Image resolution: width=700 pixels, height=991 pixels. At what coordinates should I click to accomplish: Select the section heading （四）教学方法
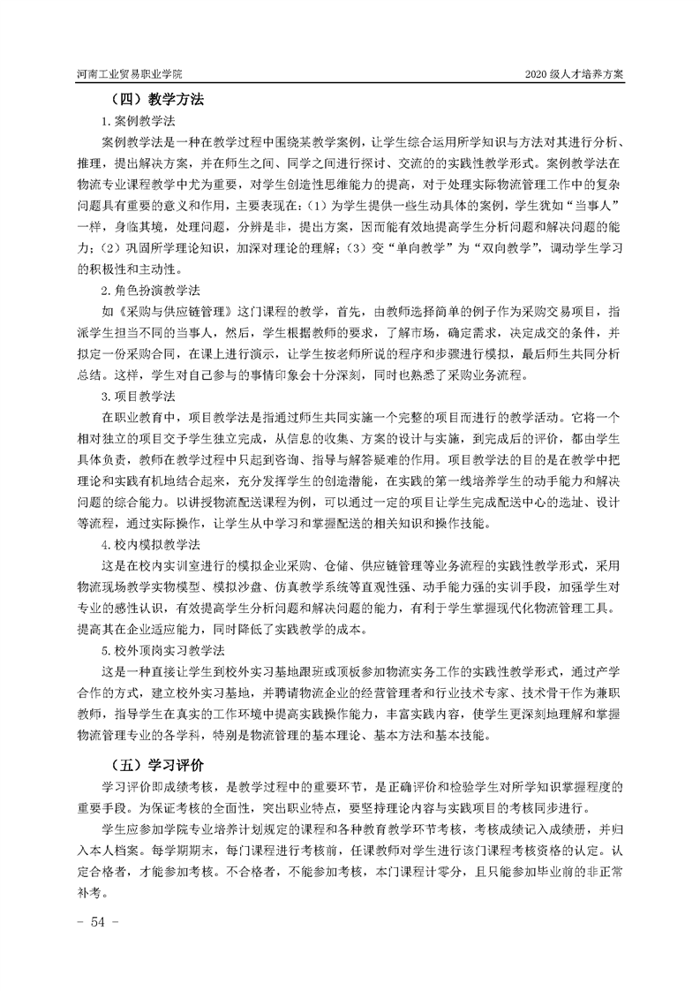point(156,100)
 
